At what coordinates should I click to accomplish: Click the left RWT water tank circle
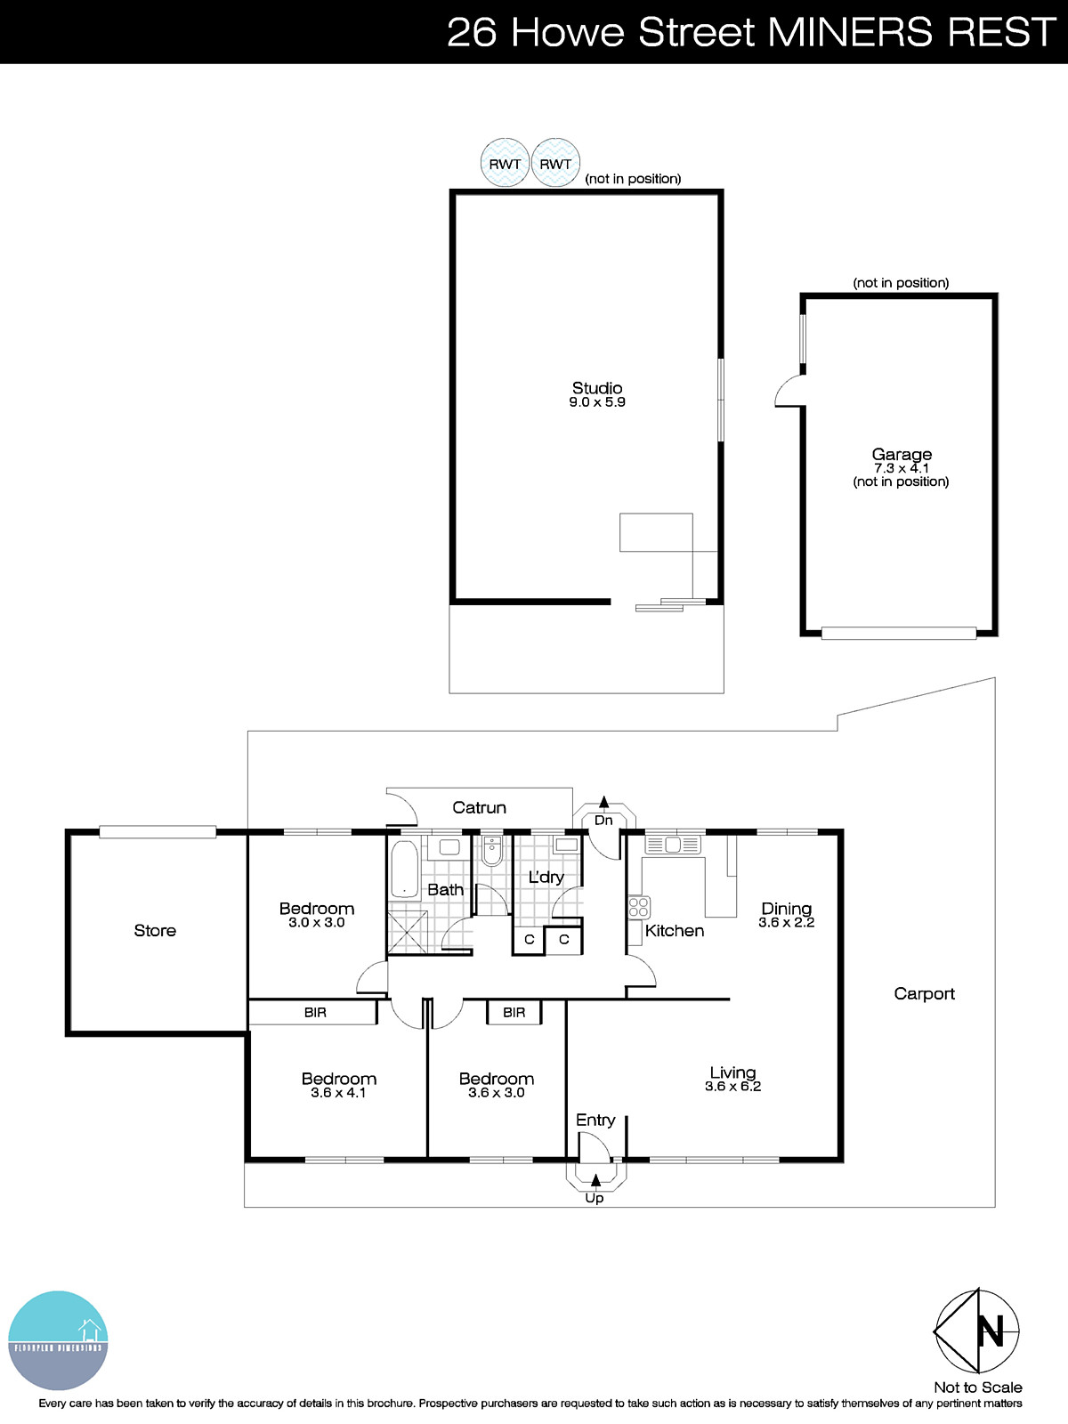tap(505, 164)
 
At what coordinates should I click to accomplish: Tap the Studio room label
tap(597, 388)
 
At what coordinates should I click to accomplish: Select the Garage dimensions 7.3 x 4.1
tap(901, 468)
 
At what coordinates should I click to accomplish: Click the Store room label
tap(155, 930)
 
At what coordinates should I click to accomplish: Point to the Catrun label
tap(479, 807)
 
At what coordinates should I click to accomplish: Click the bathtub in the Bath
tap(404, 870)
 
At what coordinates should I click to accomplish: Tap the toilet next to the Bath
tap(491, 854)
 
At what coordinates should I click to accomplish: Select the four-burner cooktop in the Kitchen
tap(639, 907)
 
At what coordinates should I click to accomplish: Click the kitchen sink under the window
tap(672, 844)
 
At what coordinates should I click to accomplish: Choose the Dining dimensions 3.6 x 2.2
tap(786, 923)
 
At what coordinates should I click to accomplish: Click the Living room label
tap(732, 1072)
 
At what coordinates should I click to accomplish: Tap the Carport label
tap(924, 993)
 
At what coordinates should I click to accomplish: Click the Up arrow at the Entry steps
tap(595, 1180)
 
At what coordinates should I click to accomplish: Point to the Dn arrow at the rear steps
tap(603, 803)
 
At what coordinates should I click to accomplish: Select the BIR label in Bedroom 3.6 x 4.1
tap(315, 1012)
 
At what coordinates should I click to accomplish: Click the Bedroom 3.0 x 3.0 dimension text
tap(316, 923)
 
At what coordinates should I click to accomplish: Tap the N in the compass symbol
tap(990, 1331)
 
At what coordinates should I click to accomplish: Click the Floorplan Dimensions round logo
tap(58, 1340)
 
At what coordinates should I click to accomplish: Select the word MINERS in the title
tap(851, 33)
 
